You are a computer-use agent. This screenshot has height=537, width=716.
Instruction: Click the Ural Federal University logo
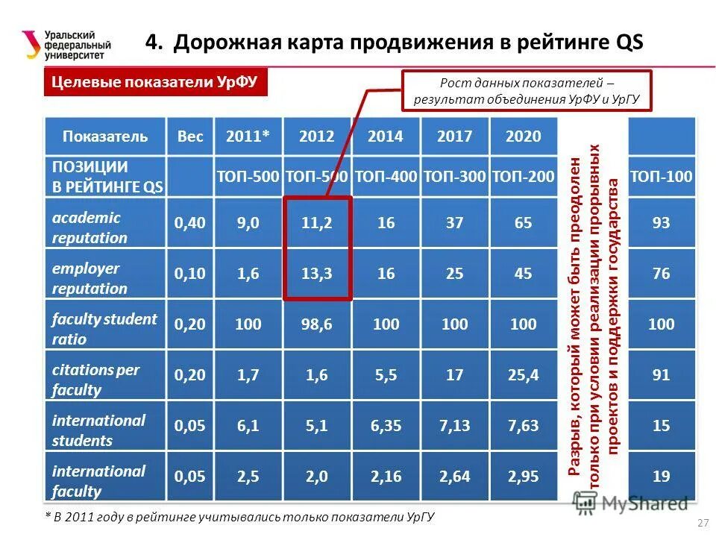pyautogui.click(x=67, y=45)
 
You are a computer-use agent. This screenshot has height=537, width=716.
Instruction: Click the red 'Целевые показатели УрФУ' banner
pyautogui.click(x=154, y=83)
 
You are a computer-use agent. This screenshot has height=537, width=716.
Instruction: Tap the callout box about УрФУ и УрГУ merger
pyautogui.click(x=527, y=91)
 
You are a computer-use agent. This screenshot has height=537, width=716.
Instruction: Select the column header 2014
pyautogui.click(x=386, y=136)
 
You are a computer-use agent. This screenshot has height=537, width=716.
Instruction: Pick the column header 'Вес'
pyautogui.click(x=190, y=136)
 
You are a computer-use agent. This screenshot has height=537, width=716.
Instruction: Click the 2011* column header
pyautogui.click(x=248, y=136)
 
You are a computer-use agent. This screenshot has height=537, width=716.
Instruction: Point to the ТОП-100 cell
pyautogui.click(x=661, y=177)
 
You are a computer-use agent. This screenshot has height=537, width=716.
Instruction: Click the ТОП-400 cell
pyautogui.click(x=386, y=177)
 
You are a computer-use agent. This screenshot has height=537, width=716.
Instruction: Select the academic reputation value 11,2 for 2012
pyautogui.click(x=317, y=223)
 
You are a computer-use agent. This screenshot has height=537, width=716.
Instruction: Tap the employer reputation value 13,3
pyautogui.click(x=317, y=274)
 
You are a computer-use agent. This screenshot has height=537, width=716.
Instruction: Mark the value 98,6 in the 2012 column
pyautogui.click(x=317, y=324)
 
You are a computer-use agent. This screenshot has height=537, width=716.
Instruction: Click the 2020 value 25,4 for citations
pyautogui.click(x=523, y=375)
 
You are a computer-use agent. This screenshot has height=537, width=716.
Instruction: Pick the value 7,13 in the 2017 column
pyautogui.click(x=455, y=426)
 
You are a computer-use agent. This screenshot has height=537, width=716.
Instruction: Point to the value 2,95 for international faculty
pyautogui.click(x=523, y=477)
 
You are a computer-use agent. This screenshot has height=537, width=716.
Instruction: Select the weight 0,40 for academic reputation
pyautogui.click(x=190, y=223)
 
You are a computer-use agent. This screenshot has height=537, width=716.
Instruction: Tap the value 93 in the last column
pyautogui.click(x=661, y=223)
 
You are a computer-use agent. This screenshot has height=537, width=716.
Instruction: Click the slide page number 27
pyautogui.click(x=702, y=521)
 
